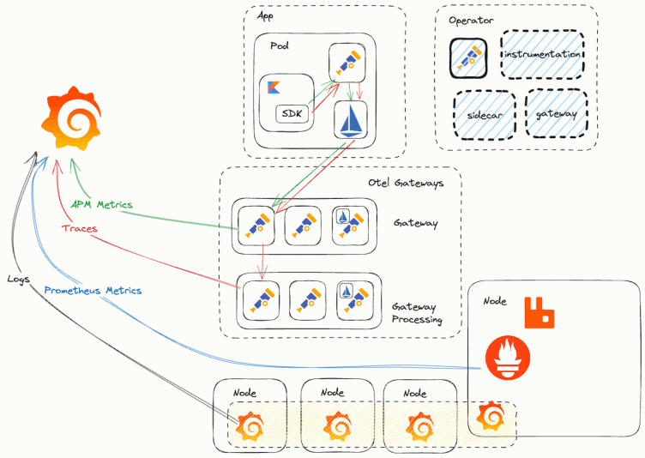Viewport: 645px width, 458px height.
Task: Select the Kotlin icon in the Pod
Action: [275, 88]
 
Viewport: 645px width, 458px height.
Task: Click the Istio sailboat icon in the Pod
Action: [350, 120]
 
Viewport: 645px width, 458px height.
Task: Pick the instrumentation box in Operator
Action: [543, 54]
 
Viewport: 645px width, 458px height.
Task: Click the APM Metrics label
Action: [102, 204]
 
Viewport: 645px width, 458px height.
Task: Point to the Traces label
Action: [79, 229]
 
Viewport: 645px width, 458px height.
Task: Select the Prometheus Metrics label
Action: [93, 291]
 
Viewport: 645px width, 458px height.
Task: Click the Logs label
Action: [20, 279]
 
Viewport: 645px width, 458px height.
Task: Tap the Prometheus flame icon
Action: [507, 359]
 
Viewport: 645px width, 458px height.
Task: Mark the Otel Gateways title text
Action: [406, 183]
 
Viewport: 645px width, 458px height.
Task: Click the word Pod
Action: [279, 45]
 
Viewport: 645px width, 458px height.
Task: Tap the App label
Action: [266, 15]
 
